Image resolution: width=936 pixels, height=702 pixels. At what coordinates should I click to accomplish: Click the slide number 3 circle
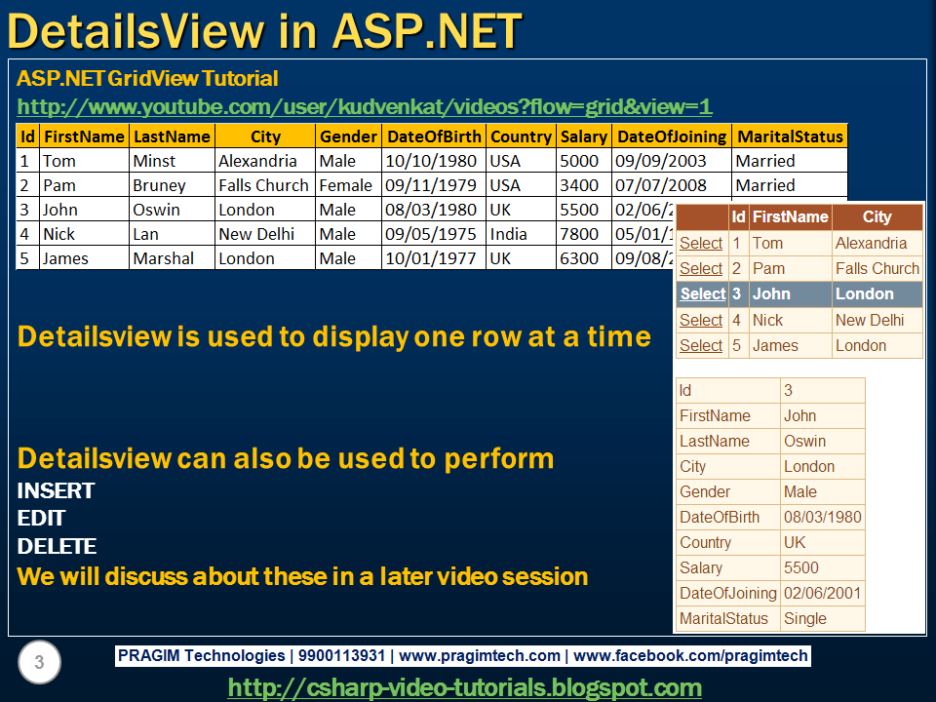39,664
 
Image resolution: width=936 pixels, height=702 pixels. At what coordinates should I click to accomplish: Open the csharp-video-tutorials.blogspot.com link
464,687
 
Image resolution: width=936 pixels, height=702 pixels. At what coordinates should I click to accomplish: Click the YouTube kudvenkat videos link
365,107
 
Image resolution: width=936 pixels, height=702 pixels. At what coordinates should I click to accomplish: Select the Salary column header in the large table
583,136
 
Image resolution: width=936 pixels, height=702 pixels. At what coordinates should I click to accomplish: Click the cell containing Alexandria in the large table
258,161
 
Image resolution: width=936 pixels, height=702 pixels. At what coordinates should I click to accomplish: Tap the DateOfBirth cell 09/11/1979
431,185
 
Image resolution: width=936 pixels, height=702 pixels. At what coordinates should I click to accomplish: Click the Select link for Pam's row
701,268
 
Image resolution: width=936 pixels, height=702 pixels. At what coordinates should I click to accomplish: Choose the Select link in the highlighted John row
702,293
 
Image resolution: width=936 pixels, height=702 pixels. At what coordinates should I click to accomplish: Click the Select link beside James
701,345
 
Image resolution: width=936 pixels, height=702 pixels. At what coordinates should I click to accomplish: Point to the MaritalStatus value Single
805,618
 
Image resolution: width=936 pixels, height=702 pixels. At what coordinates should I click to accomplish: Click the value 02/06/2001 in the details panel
822,593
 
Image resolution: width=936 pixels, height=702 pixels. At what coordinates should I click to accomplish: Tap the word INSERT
56,490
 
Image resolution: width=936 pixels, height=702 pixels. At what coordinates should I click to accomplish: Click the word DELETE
57,547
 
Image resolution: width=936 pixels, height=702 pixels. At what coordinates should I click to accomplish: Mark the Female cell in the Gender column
345,185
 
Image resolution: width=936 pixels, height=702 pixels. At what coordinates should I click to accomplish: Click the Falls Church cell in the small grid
877,268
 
